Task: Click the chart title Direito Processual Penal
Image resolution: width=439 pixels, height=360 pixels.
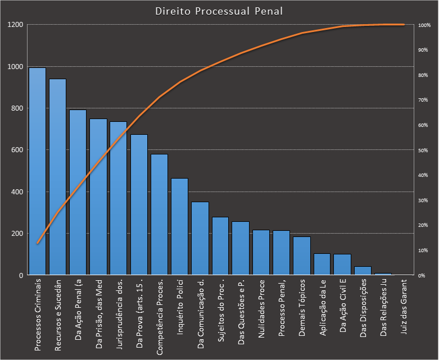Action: (x=219, y=11)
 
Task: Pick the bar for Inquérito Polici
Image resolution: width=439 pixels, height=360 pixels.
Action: (x=179, y=227)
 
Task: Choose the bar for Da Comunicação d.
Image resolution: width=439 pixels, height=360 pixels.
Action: (x=200, y=239)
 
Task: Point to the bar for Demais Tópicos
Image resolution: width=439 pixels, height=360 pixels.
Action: (x=301, y=256)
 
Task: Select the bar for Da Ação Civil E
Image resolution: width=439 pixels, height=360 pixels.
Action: (x=342, y=265)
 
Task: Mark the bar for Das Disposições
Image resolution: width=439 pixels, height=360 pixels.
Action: (x=363, y=271)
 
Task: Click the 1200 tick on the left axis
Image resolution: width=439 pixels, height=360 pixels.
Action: (x=15, y=25)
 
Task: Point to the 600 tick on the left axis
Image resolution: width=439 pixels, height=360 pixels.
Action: (x=17, y=150)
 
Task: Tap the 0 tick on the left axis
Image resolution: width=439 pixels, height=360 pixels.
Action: (x=21, y=275)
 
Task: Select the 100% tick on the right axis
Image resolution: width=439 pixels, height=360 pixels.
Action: (x=424, y=25)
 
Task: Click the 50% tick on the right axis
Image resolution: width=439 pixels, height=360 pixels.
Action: (x=423, y=151)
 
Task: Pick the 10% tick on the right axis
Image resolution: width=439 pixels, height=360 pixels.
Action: (x=423, y=250)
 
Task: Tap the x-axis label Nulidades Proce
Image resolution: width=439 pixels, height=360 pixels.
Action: (x=261, y=309)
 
